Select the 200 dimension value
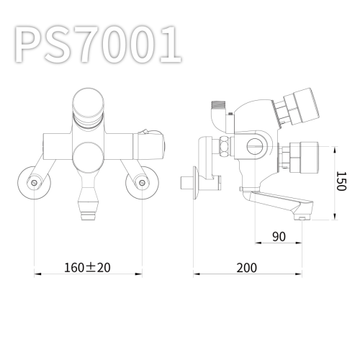coord(246,268)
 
